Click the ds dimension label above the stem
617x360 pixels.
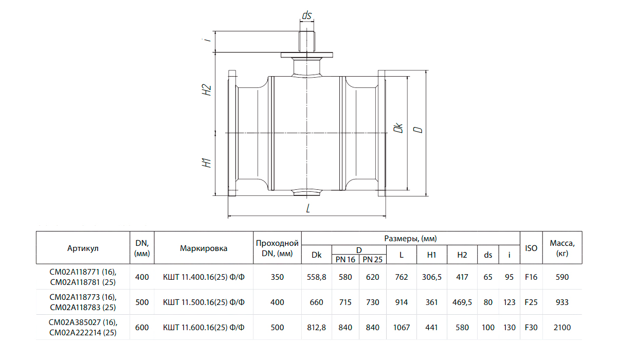pos(306,15)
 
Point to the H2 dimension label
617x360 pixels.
pos(206,89)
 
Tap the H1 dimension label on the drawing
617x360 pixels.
pos(206,163)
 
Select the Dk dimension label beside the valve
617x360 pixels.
pos(398,128)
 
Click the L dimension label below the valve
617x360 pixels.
pos(308,208)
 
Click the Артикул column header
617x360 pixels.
pos(83,248)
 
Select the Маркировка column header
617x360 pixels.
pos(204,248)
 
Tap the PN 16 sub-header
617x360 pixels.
pos(345,260)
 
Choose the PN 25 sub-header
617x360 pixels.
pos(372,260)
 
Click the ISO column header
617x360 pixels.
pos(531,248)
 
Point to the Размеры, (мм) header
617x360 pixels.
pos(410,239)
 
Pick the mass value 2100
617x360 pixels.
pos(562,327)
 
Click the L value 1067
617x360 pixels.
pos(402,327)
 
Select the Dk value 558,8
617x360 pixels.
pos(317,277)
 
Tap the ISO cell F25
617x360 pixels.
pos(531,302)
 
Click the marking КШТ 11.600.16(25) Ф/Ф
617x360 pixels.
pos(204,327)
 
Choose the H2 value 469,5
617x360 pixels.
pos(462,302)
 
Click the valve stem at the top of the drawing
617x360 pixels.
pos(307,42)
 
